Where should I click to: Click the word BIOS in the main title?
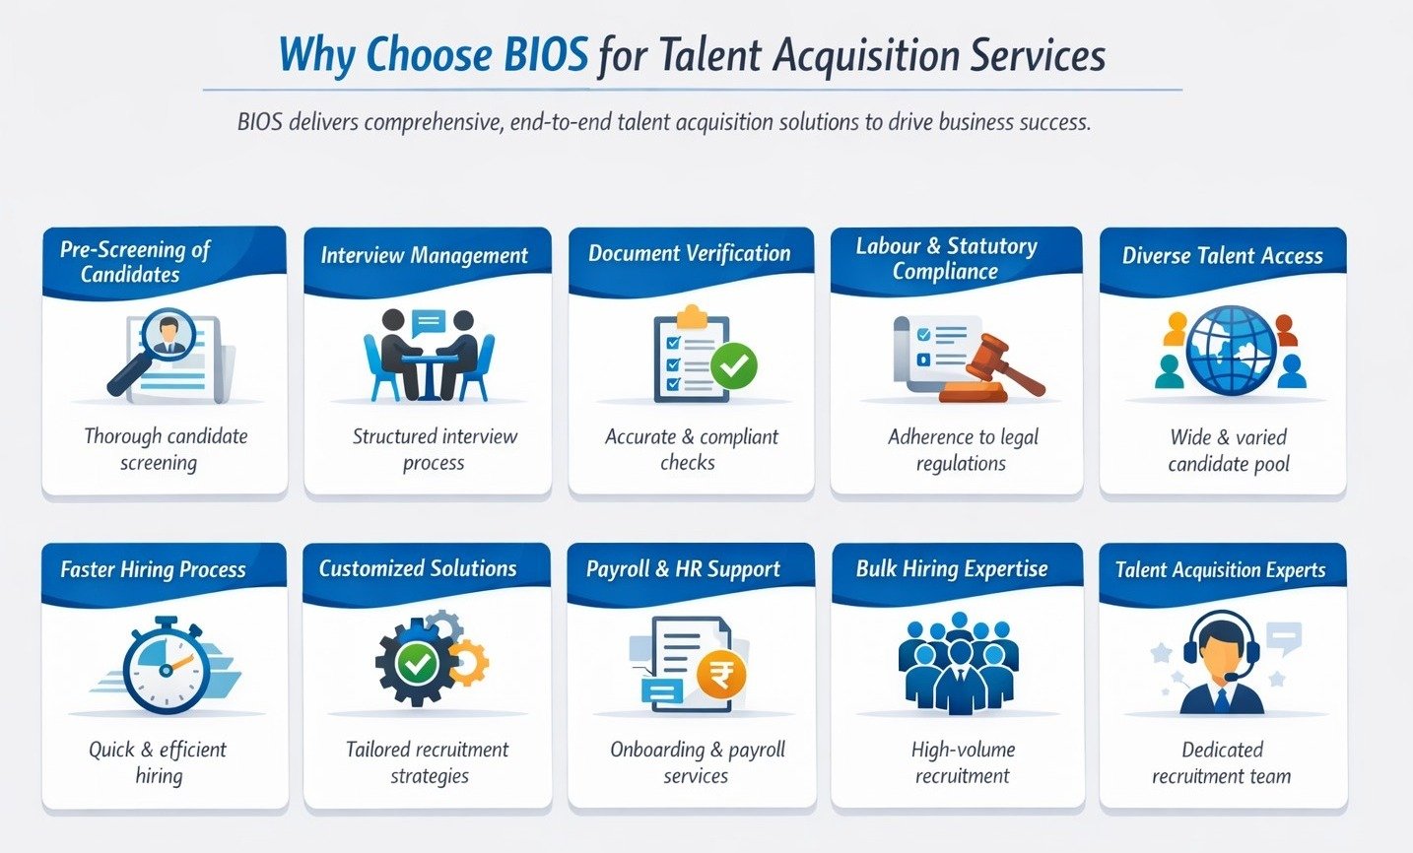[546, 54]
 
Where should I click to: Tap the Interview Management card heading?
[425, 255]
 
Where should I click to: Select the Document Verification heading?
[690, 253]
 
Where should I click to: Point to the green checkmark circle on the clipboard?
[734, 365]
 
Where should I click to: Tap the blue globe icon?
[1231, 351]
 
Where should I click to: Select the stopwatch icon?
[166, 665]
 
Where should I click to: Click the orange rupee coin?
[721, 675]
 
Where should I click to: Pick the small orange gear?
[468, 662]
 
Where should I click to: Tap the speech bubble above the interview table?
[429, 323]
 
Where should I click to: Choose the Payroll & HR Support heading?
[683, 569]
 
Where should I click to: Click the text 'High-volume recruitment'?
[963, 762]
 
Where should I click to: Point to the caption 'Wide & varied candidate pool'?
[1228, 450]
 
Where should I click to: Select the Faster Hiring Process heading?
[154, 569]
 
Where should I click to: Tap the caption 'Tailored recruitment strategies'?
[428, 762]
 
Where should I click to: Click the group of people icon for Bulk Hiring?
[959, 663]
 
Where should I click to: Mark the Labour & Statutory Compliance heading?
[946, 258]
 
